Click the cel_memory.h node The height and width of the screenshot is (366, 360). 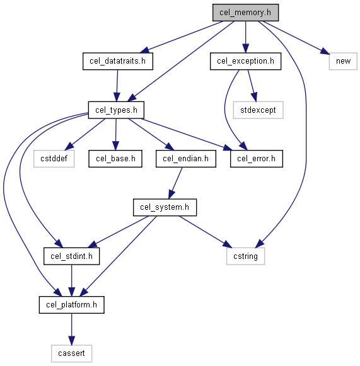[245, 13]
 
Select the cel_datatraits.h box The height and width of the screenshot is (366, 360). [118, 61]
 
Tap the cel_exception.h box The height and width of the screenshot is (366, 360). [245, 61]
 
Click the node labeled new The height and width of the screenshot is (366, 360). [343, 61]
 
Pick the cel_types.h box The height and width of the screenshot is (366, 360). [116, 110]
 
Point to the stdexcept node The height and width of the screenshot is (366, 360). [258, 110]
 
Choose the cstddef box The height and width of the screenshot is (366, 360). [54, 159]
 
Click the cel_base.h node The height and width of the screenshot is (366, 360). [115, 159]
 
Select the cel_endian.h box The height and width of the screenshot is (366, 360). [186, 159]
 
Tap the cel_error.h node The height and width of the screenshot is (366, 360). [256, 159]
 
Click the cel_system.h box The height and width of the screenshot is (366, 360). [165, 207]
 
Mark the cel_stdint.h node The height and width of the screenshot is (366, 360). [71, 256]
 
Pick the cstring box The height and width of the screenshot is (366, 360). [245, 256]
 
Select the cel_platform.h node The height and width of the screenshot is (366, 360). [71, 305]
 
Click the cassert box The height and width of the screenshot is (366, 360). [71, 353]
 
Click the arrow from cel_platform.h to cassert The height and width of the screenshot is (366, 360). [71, 329]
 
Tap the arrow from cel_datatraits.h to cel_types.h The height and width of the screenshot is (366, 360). [117, 86]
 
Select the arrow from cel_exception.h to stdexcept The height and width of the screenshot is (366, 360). [252, 86]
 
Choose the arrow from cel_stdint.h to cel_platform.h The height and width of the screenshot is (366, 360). [71, 280]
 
